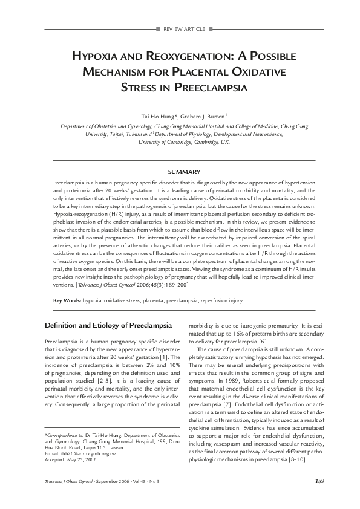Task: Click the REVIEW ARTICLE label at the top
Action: click(180, 29)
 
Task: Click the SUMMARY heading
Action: click(180, 172)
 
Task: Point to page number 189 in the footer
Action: click(321, 482)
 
